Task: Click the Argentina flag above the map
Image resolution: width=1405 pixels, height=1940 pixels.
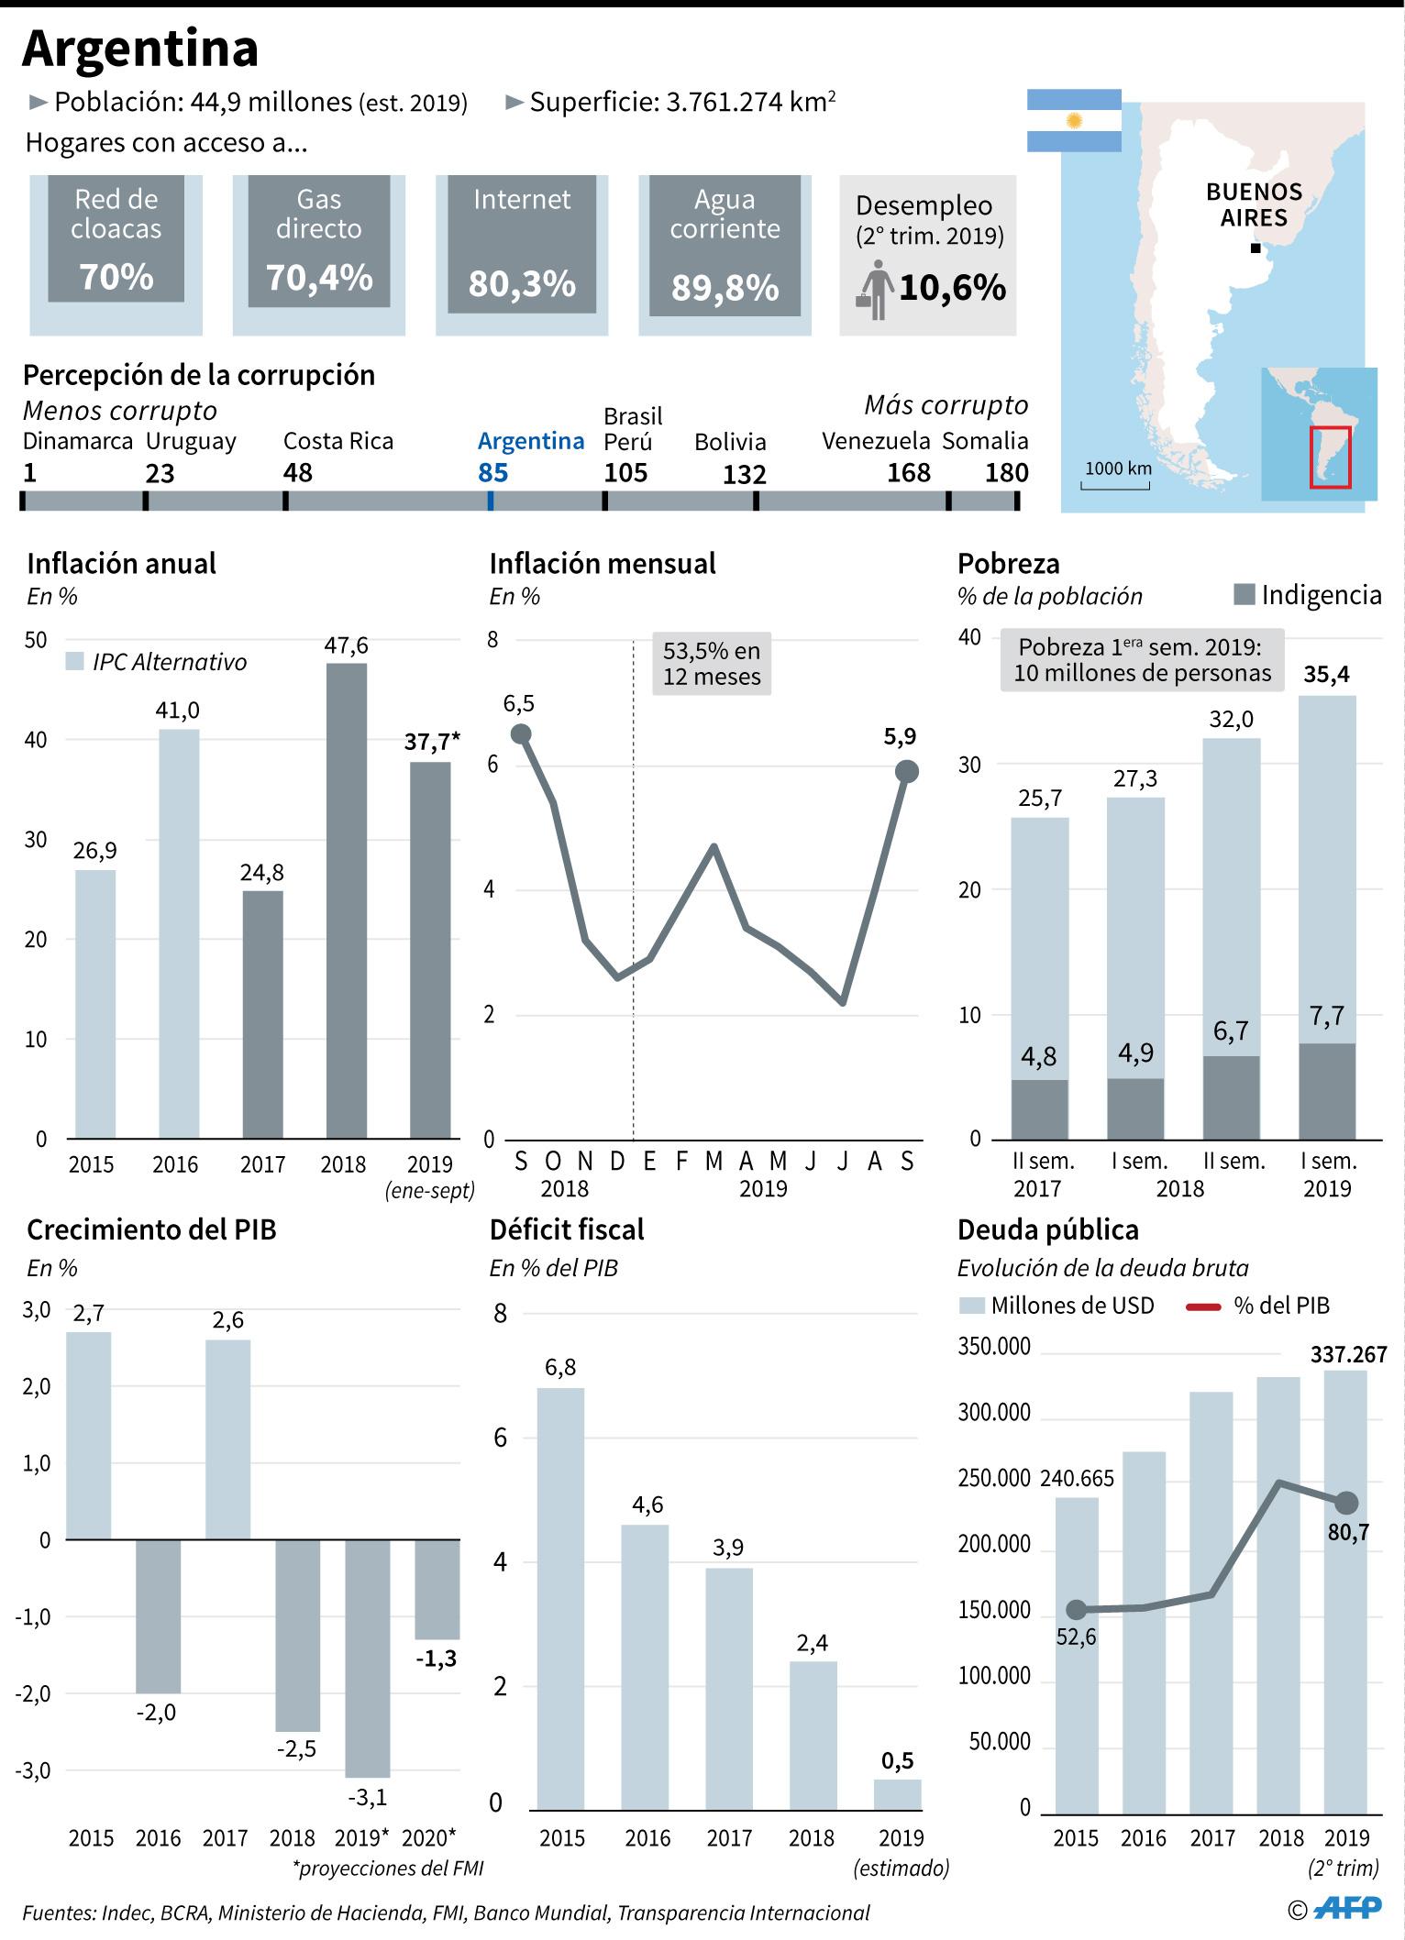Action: [x=1074, y=120]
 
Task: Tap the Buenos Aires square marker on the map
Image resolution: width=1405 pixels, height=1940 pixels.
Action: [x=1256, y=248]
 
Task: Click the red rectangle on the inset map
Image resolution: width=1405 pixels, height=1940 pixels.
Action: [x=1330, y=457]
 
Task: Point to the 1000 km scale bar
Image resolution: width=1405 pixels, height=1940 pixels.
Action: [x=1115, y=484]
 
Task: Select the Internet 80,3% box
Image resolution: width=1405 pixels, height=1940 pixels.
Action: [x=522, y=245]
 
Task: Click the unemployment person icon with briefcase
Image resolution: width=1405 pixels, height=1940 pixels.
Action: [x=876, y=290]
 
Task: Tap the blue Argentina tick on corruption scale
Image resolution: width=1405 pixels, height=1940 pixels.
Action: [x=492, y=501]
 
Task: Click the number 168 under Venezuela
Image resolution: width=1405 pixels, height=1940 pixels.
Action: [x=908, y=473]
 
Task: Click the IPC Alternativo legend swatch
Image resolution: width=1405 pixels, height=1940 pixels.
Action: [x=76, y=662]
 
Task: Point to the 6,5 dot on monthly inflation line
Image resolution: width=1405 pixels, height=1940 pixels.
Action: [x=520, y=733]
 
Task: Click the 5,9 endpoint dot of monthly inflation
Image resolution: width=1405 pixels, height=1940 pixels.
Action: [x=906, y=772]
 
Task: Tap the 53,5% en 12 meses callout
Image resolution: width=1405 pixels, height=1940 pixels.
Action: [x=712, y=664]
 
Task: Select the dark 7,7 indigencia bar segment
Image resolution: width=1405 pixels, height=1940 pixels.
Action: [x=1327, y=1090]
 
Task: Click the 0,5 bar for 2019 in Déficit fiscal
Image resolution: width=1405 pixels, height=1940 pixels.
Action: [x=898, y=1794]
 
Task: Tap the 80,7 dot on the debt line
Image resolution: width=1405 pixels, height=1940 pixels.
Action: [x=1346, y=1503]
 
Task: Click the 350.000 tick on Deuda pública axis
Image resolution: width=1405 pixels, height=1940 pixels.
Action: [x=994, y=1347]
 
